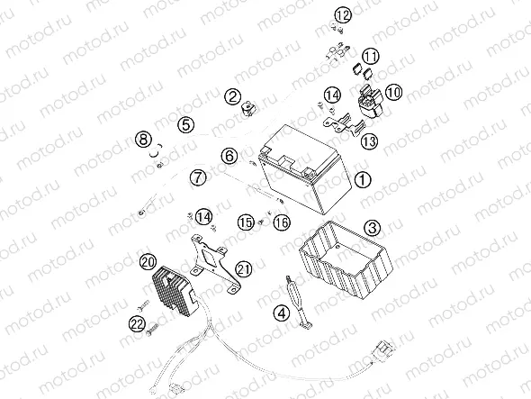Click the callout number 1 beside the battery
(363, 179)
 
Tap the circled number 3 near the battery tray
(373, 228)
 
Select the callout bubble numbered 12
(343, 15)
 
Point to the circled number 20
(148, 262)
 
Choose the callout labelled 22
(138, 324)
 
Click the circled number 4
(282, 313)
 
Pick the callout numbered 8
(144, 140)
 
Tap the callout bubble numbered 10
(393, 92)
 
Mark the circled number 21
(244, 269)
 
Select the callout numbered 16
(282, 222)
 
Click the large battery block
(305, 168)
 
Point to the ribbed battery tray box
(346, 259)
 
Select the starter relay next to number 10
(370, 97)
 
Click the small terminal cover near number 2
(248, 109)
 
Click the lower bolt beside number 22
(153, 329)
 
